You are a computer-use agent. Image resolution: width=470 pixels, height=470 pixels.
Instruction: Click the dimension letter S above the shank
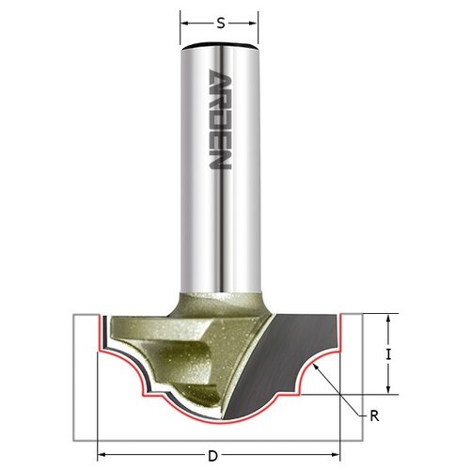221,23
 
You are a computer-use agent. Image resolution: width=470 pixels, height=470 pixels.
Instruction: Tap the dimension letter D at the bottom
212,456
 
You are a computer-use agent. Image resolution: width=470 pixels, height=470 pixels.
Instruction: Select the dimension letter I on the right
388,354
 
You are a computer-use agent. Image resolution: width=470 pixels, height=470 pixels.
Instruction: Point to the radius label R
374,416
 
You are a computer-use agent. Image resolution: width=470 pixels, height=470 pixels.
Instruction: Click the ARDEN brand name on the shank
220,119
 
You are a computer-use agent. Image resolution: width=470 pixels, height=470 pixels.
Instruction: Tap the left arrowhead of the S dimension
184,23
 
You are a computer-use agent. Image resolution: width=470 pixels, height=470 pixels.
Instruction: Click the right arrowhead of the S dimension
254,23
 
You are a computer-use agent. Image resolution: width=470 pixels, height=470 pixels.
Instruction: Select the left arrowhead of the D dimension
102,455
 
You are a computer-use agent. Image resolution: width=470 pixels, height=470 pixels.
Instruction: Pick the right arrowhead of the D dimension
336,455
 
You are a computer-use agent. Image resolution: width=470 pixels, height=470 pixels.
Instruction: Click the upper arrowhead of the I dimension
388,319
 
